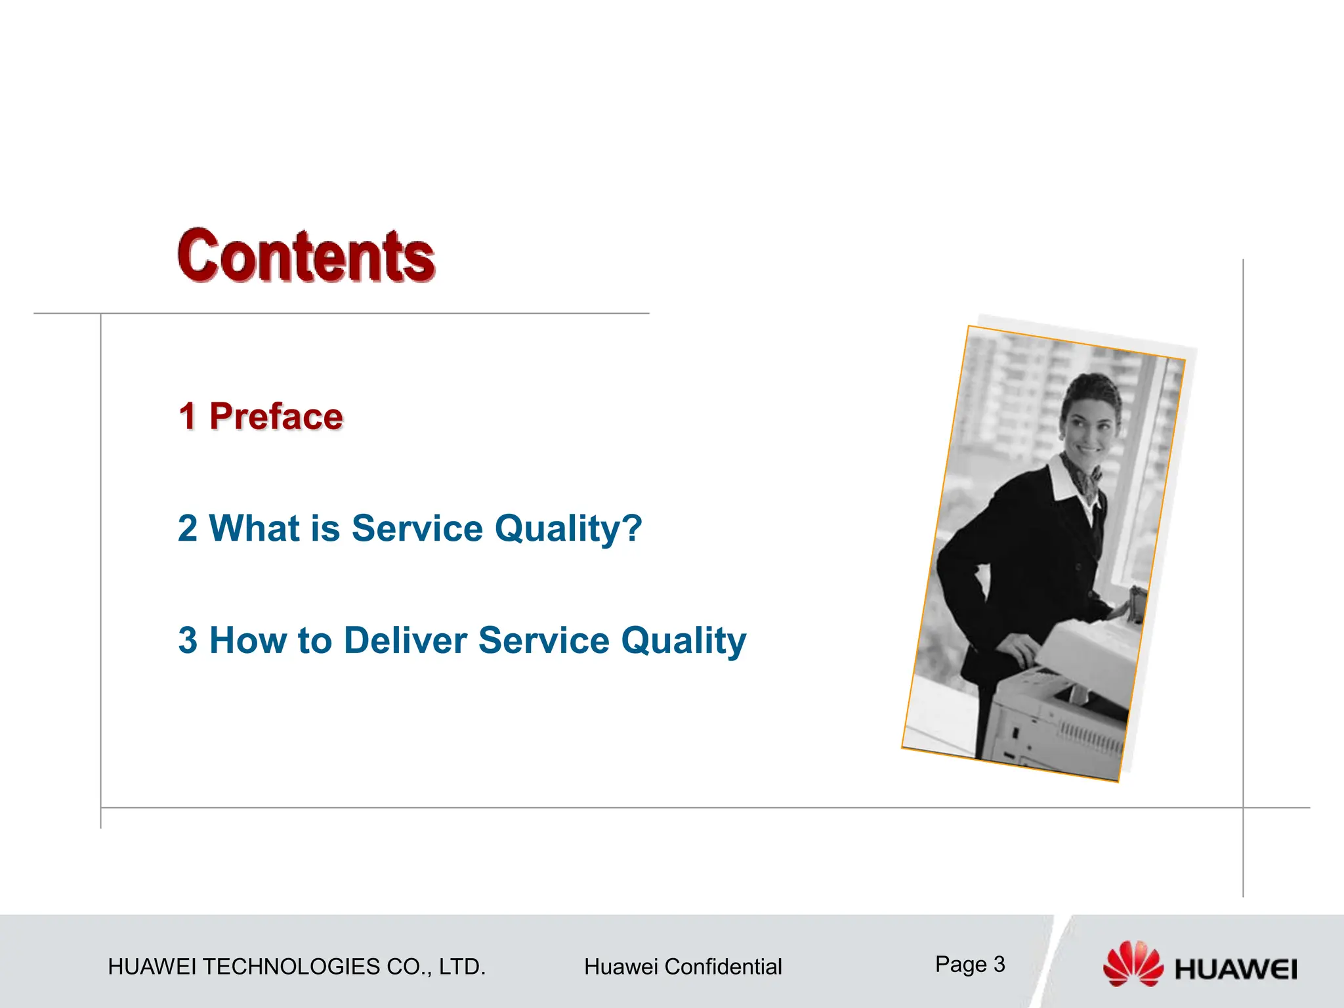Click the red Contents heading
click(306, 257)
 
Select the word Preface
click(276, 417)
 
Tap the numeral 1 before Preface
click(187, 417)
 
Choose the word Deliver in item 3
click(405, 640)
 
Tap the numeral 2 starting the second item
click(187, 528)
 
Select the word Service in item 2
click(417, 528)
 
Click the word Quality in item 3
click(683, 642)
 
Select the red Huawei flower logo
click(1133, 963)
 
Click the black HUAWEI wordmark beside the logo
click(1236, 969)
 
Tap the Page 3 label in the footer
click(970, 964)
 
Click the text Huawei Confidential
click(682, 967)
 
